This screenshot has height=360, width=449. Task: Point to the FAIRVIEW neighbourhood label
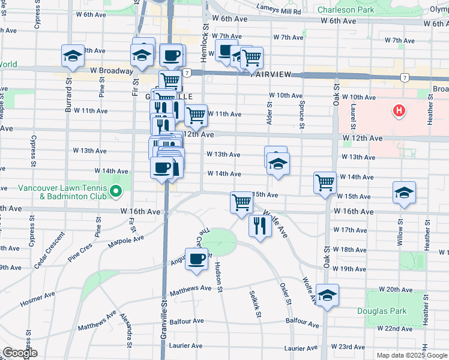coord(271,74)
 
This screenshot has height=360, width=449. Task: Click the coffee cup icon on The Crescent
coord(196,259)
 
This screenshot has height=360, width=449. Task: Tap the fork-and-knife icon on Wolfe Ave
coord(259,226)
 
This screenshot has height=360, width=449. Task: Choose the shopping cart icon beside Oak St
coord(325,181)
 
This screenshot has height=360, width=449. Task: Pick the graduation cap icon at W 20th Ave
coord(327,295)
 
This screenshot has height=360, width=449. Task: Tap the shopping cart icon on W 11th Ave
coord(196,114)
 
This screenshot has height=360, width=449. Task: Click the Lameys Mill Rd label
coord(278,11)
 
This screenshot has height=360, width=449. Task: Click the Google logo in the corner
coord(20,353)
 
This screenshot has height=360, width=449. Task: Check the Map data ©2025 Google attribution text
coord(411,355)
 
